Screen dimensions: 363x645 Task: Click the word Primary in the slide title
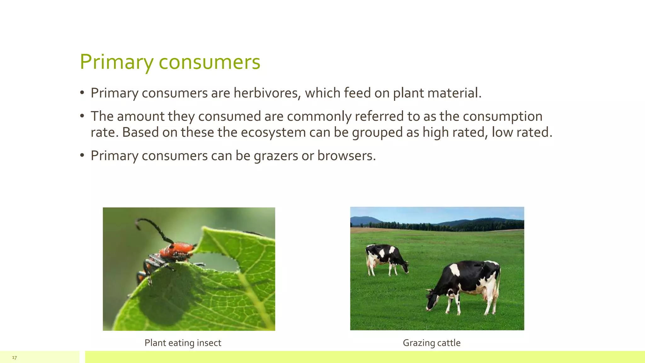(116, 62)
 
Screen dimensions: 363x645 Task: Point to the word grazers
(276, 156)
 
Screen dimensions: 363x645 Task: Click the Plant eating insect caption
(183, 343)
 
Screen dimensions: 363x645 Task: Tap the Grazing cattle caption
(431, 343)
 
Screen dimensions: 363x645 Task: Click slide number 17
(14, 357)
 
